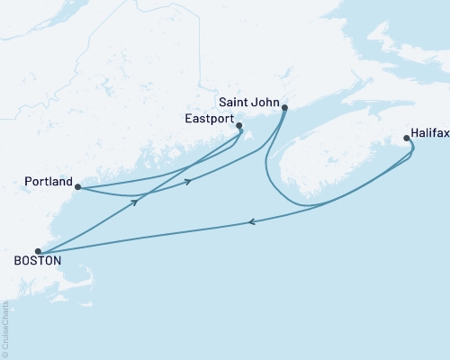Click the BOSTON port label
[x=37, y=260]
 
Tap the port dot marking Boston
[x=38, y=251]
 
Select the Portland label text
[x=49, y=182]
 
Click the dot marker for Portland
[x=77, y=187]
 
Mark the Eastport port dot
[x=238, y=126]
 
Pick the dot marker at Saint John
[x=284, y=108]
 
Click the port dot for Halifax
[x=407, y=139]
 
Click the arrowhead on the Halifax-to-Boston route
[x=251, y=222]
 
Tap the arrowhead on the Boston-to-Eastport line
[x=134, y=202]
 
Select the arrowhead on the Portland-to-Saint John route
[x=188, y=182]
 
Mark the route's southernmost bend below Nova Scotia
[x=310, y=206]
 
